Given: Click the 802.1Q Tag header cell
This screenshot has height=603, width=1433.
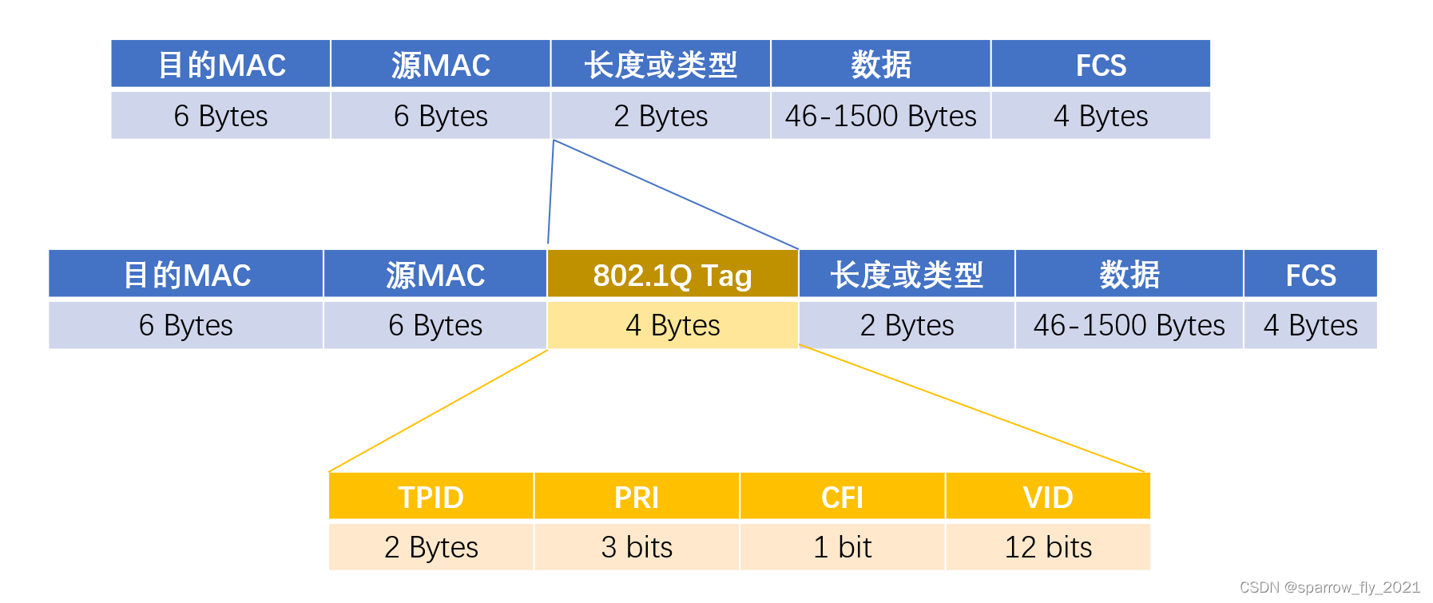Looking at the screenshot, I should pos(673,275).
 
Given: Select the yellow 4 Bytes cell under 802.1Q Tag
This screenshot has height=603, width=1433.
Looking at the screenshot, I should pos(673,325).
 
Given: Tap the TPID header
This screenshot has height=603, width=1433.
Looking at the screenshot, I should pos(431,497).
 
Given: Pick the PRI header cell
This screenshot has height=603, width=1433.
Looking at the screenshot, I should pos(637,497).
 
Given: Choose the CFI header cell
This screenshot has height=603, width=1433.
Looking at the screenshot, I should pos(842,497).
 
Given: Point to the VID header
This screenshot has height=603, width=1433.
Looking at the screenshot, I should pos(1048,497).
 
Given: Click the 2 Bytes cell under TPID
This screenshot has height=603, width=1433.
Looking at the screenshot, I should pos(431,547).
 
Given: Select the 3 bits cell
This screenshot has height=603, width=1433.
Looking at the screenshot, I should pos(637,547).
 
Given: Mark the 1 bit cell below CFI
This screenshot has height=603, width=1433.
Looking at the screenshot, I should pos(842,547).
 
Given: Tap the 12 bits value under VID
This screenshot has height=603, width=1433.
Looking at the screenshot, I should pos(1048,547).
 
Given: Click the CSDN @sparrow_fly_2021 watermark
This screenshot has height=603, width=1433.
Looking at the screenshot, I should pos(1329,588).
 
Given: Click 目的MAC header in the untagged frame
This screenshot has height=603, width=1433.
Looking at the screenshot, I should pos(221,65).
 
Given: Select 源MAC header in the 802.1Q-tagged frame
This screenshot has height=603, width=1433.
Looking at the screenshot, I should pos(435,275).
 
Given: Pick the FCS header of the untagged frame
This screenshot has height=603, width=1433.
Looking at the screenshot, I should pos(1101,65).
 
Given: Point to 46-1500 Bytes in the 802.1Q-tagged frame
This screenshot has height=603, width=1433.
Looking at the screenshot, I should pos(1129,325).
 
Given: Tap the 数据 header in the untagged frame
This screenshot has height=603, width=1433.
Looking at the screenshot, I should pos(881,65).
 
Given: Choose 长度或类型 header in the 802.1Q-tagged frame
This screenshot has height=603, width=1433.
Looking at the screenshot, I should pos(907,275).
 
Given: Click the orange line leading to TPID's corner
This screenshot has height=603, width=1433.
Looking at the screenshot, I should pos(438,411).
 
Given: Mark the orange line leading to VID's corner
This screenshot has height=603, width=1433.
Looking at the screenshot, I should pos(973,409).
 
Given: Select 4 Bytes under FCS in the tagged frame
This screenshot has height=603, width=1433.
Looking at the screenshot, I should pos(1310,325).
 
